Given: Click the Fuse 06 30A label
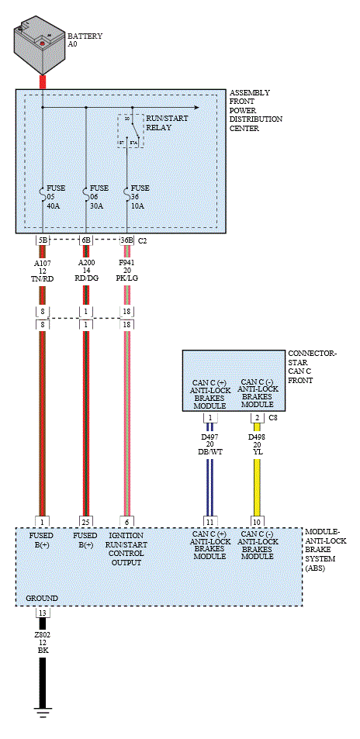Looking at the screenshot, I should (x=99, y=197).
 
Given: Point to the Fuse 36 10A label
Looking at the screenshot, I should (x=140, y=197).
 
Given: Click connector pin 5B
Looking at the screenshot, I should (x=43, y=240).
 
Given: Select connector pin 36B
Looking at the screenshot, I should (x=126, y=240).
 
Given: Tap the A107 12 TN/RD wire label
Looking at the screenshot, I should (x=43, y=270).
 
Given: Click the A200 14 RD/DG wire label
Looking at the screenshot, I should (x=87, y=270).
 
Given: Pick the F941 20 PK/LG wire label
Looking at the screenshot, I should (x=127, y=270).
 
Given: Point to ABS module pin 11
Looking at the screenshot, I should (x=209, y=521).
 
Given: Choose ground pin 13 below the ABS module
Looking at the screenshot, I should (x=43, y=613).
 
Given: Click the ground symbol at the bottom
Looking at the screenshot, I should (x=43, y=713).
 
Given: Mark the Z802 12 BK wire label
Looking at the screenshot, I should (x=43, y=641).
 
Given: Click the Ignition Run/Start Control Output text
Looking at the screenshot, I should (x=127, y=549).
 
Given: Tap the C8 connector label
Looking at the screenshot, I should (x=273, y=417).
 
